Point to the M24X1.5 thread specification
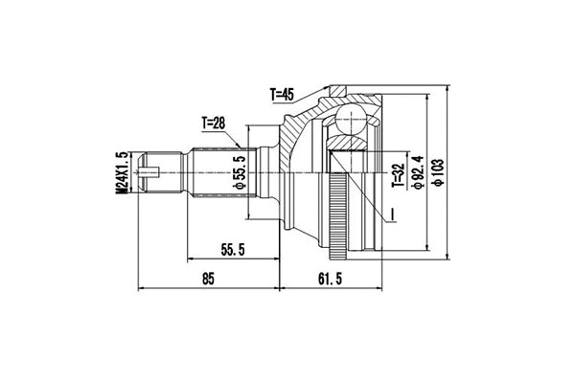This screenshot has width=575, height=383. pos(122,174)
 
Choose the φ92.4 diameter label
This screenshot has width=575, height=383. pos(419,172)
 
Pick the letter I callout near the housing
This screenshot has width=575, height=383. pos(391,209)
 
